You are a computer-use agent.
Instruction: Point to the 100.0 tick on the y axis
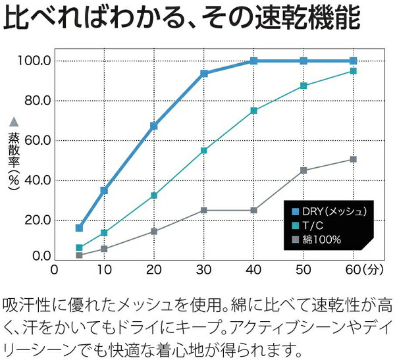[37, 61]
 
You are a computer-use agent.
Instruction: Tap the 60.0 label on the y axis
[38, 141]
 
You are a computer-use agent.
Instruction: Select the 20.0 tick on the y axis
[38, 220]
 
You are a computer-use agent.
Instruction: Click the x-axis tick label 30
[204, 270]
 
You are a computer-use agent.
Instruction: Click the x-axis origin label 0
[55, 270]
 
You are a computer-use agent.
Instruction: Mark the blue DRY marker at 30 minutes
[204, 73]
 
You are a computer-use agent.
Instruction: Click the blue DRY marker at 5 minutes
[79, 228]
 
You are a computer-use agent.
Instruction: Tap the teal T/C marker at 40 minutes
[254, 111]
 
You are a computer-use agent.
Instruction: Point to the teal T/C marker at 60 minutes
[354, 70]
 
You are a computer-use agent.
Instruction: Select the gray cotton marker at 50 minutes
[303, 170]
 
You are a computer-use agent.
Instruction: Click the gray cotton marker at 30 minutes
[204, 211]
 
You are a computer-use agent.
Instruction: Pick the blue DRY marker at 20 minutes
[154, 126]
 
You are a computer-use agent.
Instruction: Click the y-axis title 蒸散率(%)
[14, 161]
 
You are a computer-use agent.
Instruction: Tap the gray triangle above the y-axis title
[14, 122]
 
